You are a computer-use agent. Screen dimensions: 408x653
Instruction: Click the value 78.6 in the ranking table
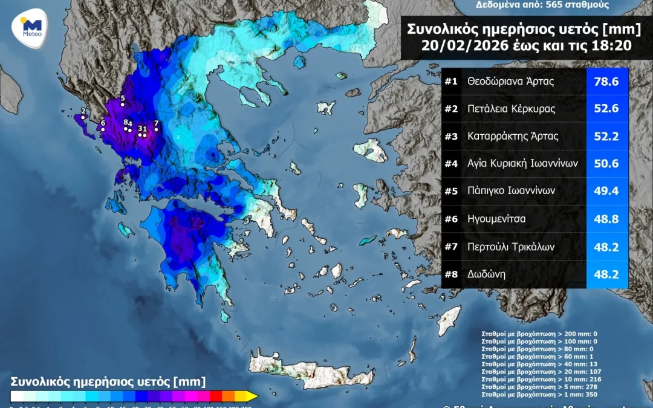point(606,82)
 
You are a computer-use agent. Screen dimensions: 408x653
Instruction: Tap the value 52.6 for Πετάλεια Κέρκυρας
point(606,109)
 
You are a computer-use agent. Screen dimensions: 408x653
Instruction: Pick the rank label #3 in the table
point(451,137)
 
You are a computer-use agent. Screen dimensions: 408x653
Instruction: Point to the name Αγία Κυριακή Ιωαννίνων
point(523,163)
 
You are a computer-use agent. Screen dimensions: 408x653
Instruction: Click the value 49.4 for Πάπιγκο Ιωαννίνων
point(606,191)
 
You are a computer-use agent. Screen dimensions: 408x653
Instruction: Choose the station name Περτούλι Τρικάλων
point(511,247)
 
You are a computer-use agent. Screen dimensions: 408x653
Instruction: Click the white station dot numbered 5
point(123,105)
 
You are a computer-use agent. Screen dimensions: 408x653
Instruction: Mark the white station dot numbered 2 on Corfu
point(83,117)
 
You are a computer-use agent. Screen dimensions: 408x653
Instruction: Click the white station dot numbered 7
point(156,129)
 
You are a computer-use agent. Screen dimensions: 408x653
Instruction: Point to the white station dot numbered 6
point(103,129)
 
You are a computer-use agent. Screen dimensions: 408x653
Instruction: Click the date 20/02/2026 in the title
point(463,45)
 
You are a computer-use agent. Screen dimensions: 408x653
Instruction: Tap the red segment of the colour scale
point(215,397)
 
